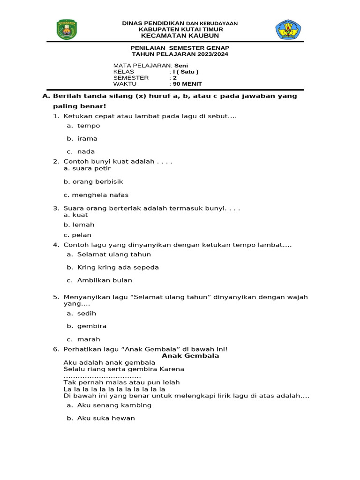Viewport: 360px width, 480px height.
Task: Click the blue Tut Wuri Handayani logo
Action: pos(288,30)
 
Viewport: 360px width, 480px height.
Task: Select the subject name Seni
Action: pos(181,65)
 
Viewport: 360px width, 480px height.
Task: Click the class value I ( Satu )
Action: pos(186,72)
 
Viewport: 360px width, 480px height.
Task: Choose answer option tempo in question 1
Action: pos(89,126)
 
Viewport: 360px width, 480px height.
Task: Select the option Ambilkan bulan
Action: pos(105,280)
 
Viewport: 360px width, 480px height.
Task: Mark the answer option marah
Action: pos(89,339)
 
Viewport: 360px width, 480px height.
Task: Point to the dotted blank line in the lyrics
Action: pos(102,376)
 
